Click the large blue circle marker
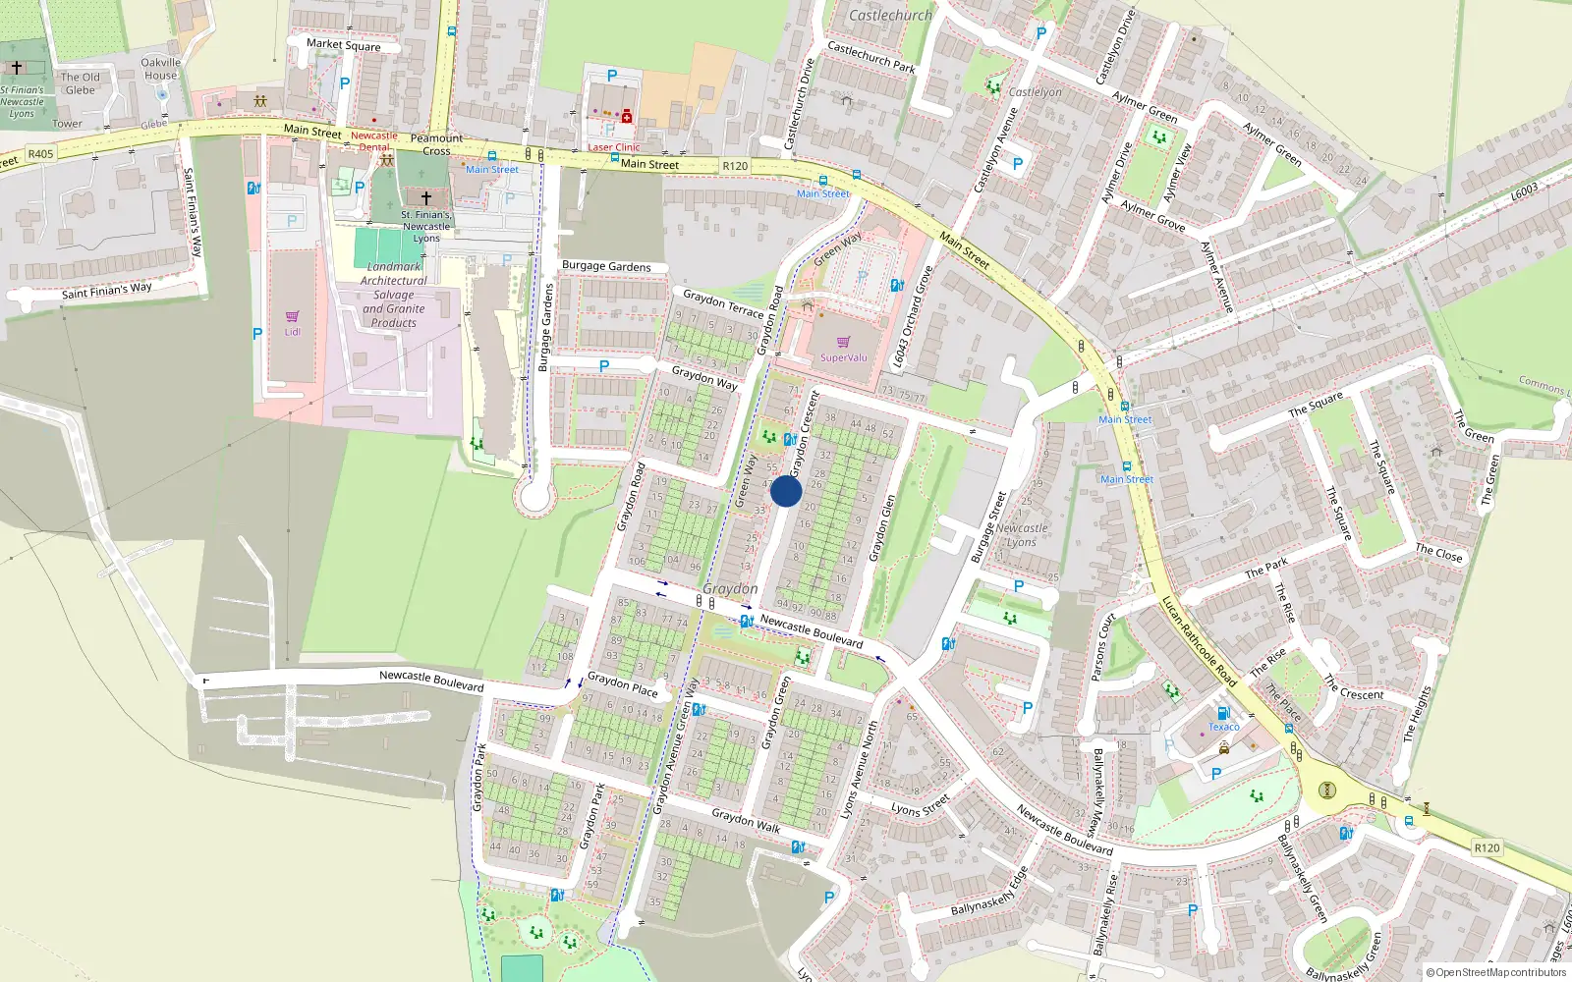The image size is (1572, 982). tap(786, 491)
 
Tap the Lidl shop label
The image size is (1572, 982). tap(293, 332)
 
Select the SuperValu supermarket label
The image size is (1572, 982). tap(844, 357)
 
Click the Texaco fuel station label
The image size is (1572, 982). tap(1223, 727)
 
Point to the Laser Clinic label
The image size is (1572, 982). tap(613, 147)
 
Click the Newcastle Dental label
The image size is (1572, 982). tap(374, 141)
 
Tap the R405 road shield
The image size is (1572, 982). tap(40, 154)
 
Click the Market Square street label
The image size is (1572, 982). tap(343, 45)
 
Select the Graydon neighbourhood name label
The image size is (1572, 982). tap(730, 588)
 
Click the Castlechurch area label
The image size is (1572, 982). tap(890, 15)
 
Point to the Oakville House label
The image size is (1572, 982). tap(161, 69)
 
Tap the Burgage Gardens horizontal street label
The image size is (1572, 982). tap(606, 266)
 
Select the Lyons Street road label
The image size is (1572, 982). tap(920, 807)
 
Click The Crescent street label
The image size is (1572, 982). tap(1353, 687)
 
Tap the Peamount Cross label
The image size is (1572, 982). tap(436, 144)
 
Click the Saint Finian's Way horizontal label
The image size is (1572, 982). tap(107, 291)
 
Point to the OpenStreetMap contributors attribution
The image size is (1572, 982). tap(1496, 972)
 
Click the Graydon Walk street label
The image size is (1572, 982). tap(746, 820)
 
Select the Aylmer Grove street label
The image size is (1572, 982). tap(1152, 216)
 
